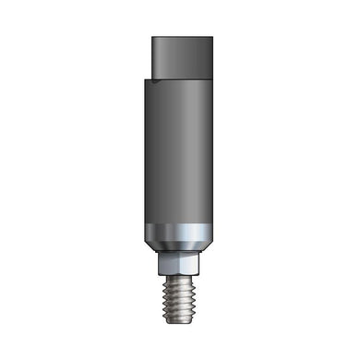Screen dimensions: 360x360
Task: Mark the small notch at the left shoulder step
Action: coord(156,81)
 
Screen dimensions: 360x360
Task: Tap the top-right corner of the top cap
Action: coord(211,39)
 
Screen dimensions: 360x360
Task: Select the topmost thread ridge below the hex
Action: coord(180,281)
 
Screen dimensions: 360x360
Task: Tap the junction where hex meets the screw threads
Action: coord(180,275)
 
